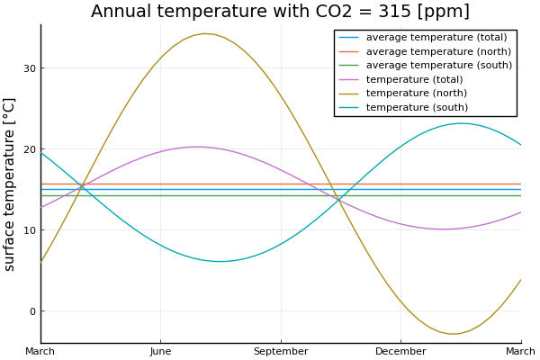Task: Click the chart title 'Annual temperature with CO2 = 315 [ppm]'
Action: coord(280,12)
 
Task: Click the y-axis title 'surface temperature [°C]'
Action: coord(11,184)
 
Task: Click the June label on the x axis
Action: coord(160,351)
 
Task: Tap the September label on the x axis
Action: coord(281,351)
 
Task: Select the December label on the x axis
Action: coord(400,351)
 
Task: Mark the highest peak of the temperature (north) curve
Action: coord(205,33)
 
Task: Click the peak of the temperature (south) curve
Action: coord(461,123)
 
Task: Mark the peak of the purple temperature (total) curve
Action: coord(197,147)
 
